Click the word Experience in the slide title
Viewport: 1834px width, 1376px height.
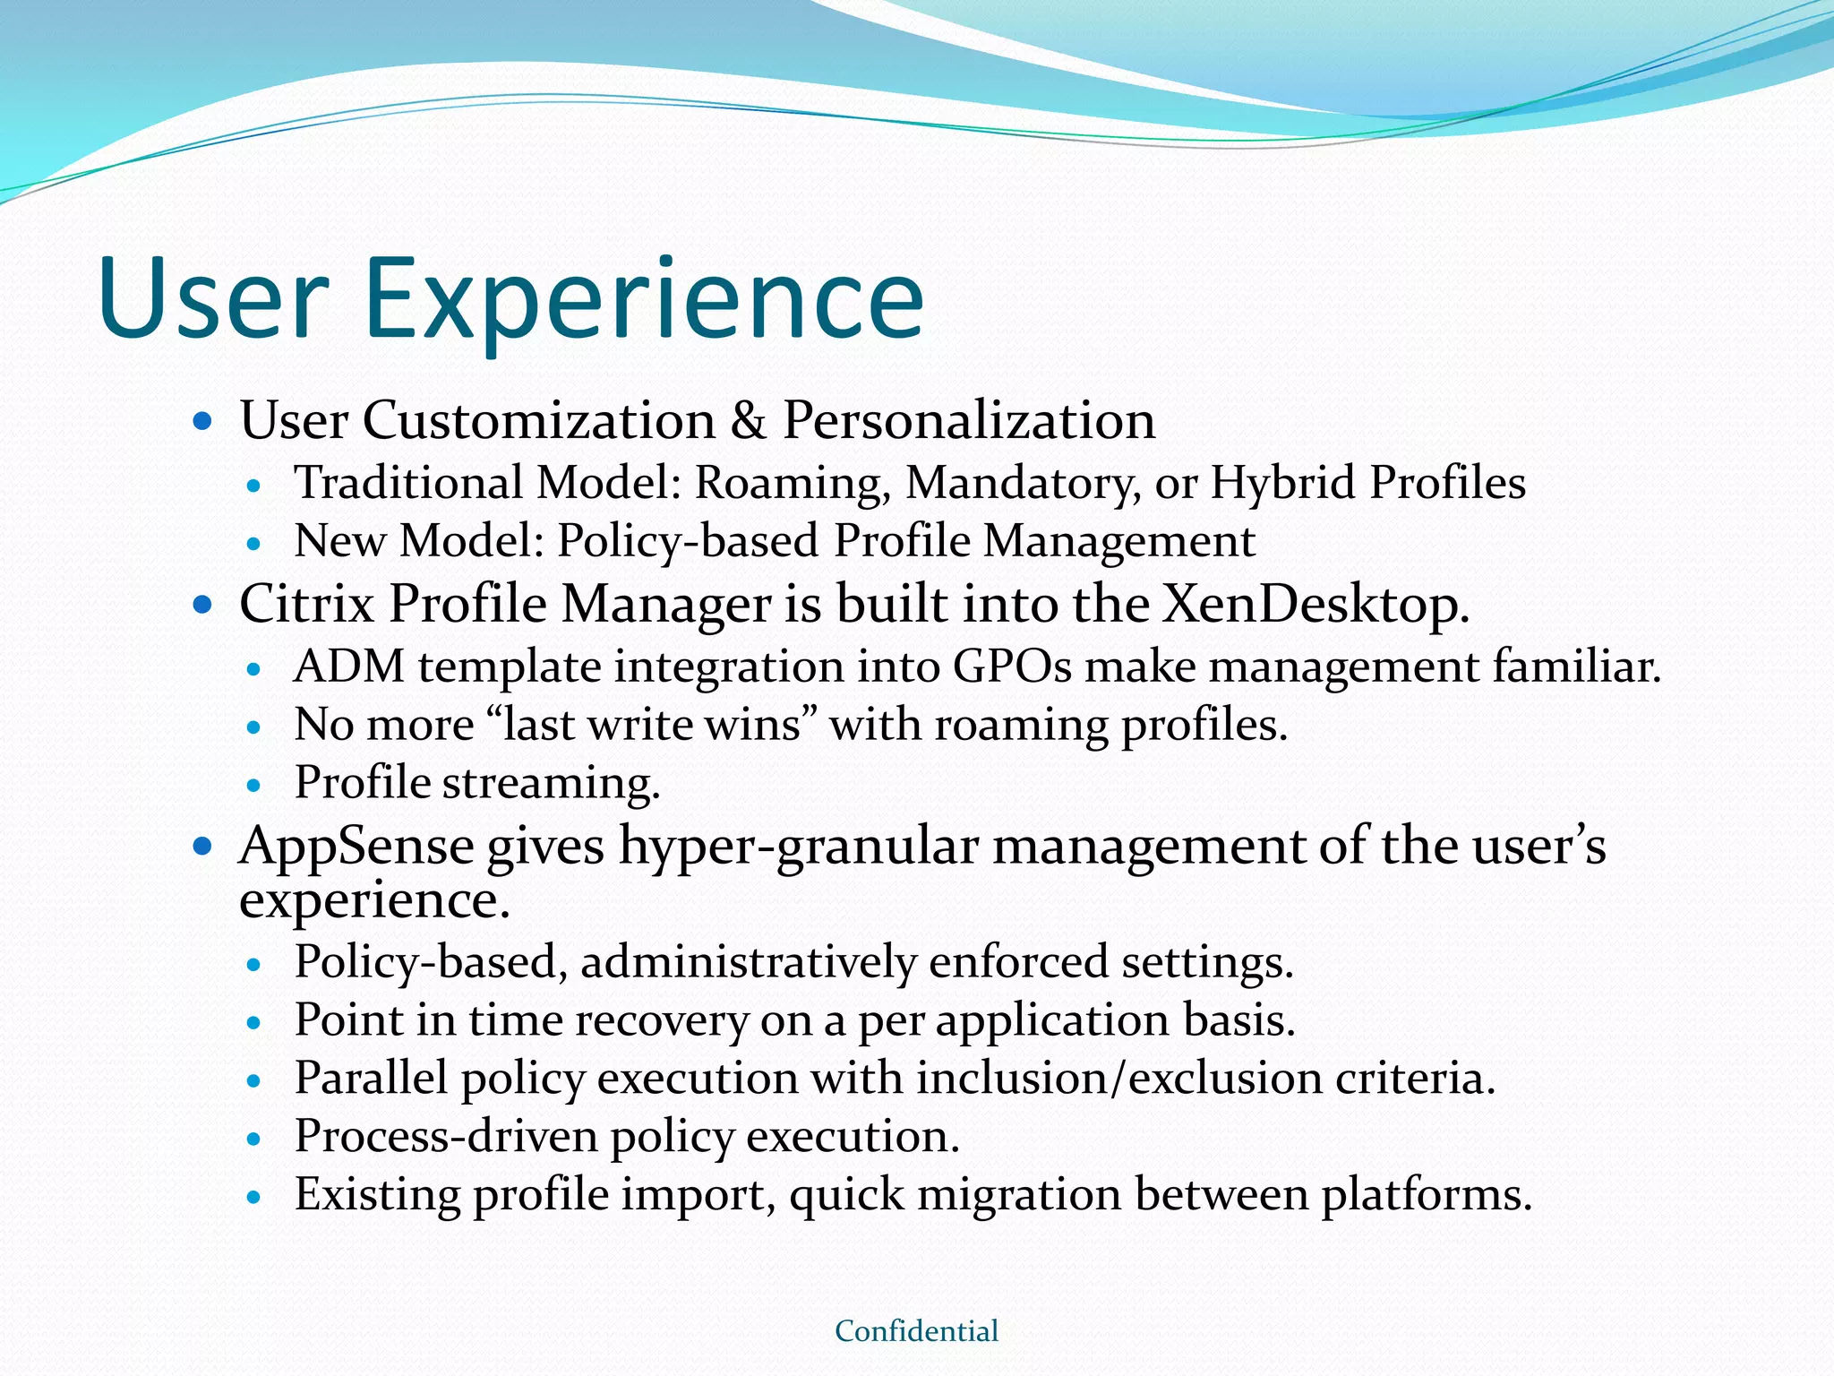643,300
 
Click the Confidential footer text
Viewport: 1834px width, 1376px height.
916,1330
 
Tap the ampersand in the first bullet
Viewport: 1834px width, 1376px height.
749,420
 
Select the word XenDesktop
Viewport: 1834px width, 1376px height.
1316,604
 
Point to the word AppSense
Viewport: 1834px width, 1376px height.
356,846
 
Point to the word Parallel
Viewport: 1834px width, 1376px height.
371,1078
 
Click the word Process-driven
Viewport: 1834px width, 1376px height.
446,1136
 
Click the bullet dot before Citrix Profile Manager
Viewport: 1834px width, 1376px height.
203,606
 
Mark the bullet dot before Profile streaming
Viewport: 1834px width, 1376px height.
254,786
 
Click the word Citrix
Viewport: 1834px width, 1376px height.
307,604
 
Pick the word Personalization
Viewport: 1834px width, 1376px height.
969,420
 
